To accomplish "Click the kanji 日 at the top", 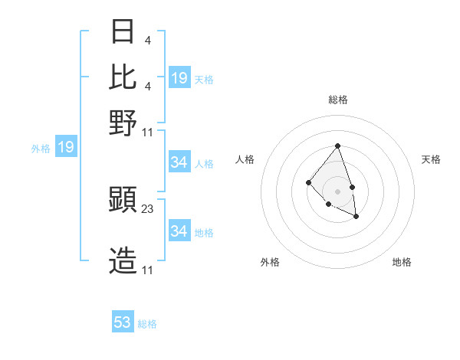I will [x=123, y=31].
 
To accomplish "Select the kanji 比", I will [x=123, y=77].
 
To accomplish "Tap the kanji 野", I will [x=123, y=122].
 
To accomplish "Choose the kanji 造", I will [x=123, y=261].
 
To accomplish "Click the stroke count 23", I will [x=148, y=208].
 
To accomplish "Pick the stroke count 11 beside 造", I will [x=147, y=270].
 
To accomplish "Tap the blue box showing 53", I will [x=123, y=322].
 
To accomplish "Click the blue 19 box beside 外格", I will [x=66, y=147].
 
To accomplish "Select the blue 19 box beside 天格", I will [x=179, y=78].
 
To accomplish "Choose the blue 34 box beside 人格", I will [x=179, y=162].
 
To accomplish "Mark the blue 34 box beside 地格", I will [x=179, y=231].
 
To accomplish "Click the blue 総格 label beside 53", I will [x=147, y=324].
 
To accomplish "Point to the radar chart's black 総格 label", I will [x=337, y=100].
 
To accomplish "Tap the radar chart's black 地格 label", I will [x=402, y=263].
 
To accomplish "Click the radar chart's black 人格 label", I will [x=245, y=159].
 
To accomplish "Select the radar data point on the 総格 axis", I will [x=337, y=146].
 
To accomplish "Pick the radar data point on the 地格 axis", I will [x=356, y=217].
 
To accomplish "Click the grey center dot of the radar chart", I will [x=337, y=191].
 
